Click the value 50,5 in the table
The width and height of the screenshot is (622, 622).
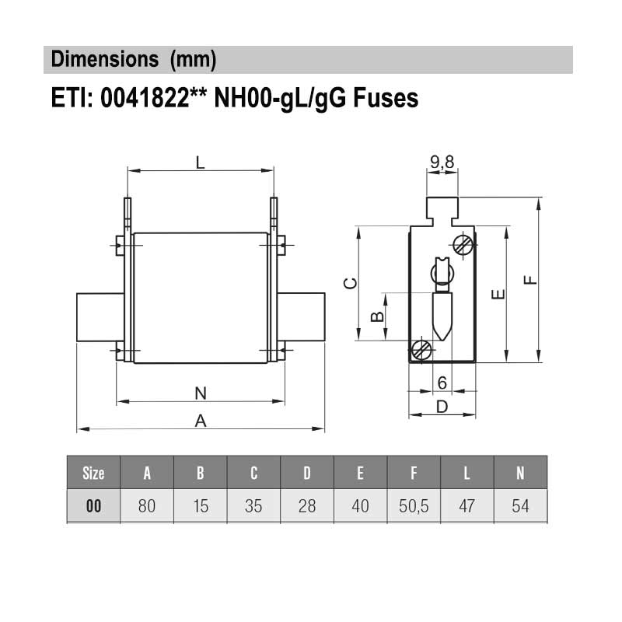point(414,506)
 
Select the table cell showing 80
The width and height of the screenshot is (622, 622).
point(147,506)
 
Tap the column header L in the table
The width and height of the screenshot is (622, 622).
point(466,473)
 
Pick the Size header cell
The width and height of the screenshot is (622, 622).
point(93,473)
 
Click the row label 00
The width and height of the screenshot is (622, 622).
point(93,506)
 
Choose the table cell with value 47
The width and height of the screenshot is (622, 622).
point(466,506)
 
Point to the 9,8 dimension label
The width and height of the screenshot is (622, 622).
point(442,162)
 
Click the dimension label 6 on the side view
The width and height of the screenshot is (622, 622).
point(442,383)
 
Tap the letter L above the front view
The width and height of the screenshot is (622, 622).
point(200,162)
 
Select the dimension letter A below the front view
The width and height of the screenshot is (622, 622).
point(200,421)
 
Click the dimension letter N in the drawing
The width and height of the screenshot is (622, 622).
point(200,393)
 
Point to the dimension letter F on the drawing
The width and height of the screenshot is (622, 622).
point(531,279)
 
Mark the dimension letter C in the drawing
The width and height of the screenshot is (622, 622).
point(350,284)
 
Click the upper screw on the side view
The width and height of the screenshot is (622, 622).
point(463,244)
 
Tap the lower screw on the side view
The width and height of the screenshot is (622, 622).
point(422,350)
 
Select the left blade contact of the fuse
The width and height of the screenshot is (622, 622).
point(100,316)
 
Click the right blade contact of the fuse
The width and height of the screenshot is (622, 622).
point(302,316)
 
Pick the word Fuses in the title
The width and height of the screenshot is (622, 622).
point(386,99)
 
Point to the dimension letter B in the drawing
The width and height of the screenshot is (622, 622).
point(376,316)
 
